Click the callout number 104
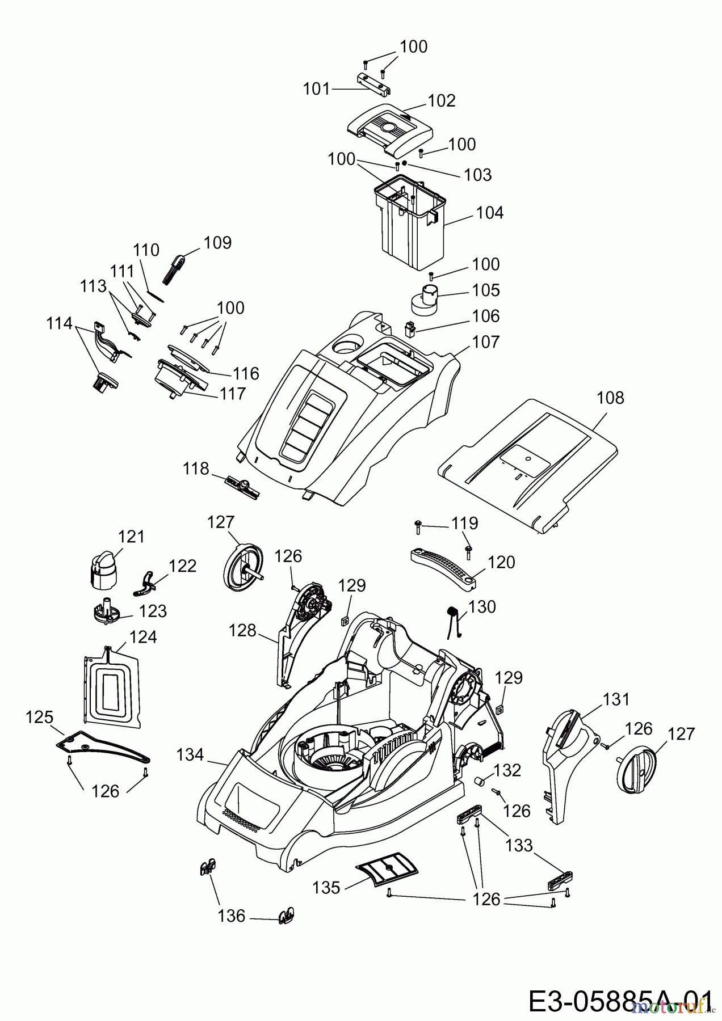(490, 213)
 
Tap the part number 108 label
(610, 398)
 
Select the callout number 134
(190, 755)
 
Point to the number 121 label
(131, 537)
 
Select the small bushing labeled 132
(481, 782)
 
